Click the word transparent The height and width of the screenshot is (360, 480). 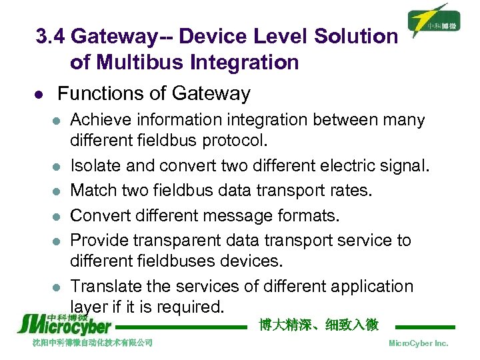185,240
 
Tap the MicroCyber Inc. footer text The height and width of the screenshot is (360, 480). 419,343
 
